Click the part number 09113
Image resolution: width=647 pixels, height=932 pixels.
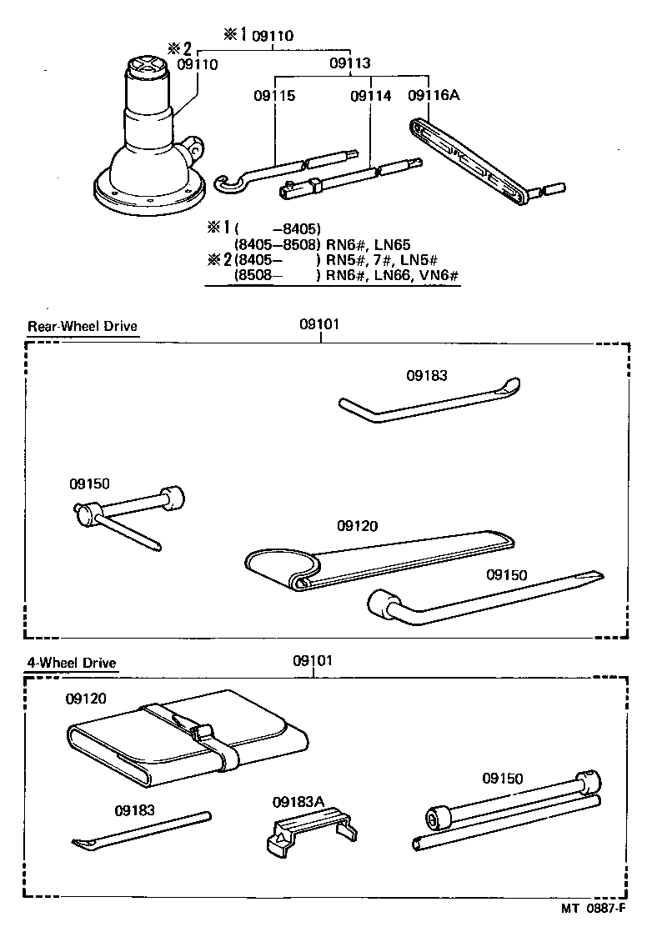(349, 63)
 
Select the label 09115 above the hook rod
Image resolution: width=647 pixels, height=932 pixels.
(274, 96)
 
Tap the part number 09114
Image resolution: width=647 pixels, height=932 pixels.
(370, 96)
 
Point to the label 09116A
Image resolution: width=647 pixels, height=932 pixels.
(434, 96)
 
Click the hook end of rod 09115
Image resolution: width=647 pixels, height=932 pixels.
(226, 183)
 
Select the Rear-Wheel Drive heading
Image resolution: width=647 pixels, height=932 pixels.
(82, 326)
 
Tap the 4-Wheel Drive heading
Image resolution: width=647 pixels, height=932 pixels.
(71, 664)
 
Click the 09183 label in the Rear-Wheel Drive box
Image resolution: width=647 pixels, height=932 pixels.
(427, 376)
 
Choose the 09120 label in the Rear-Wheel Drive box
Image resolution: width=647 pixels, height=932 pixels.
(358, 526)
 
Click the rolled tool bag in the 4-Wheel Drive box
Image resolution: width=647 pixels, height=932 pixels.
(188, 739)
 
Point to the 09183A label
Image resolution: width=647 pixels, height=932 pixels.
(297, 802)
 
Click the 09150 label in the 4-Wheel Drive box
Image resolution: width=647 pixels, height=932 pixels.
(502, 779)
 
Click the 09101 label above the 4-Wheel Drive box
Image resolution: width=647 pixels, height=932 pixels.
(313, 661)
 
